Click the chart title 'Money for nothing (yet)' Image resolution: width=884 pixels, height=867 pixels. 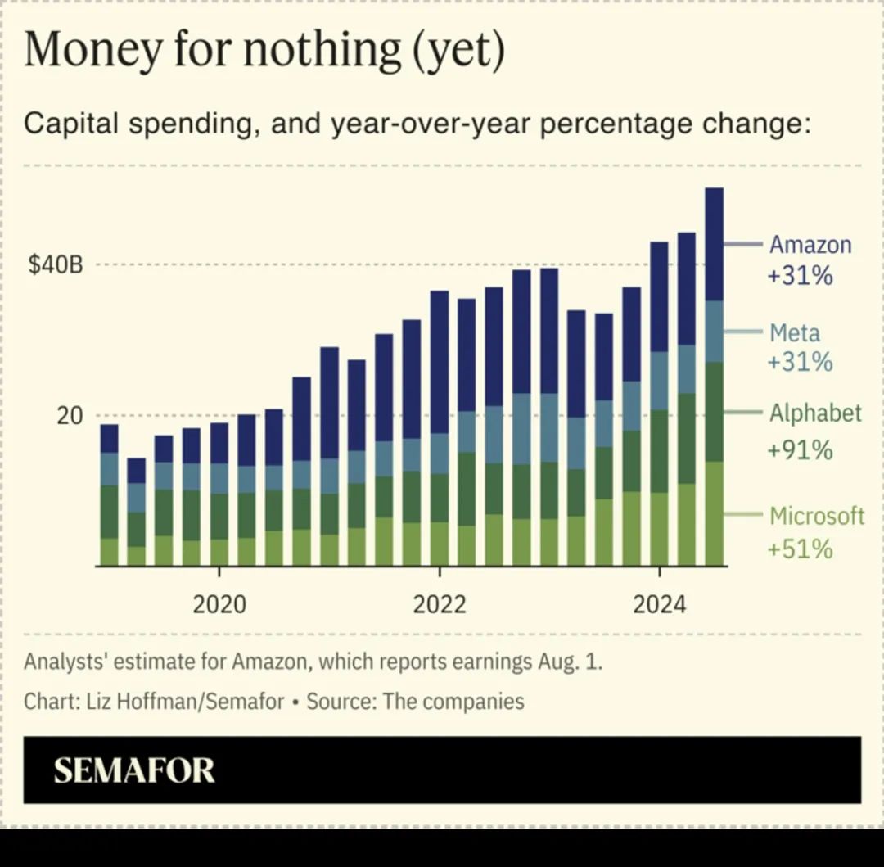(264, 50)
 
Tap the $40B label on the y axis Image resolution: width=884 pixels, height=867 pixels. (56, 266)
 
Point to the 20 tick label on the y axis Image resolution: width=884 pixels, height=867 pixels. (70, 416)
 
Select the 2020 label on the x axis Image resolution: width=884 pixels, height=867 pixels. (219, 605)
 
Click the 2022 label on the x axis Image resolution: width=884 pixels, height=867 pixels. (440, 605)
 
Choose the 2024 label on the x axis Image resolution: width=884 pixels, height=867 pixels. (660, 605)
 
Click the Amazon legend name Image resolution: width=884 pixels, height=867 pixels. (810, 245)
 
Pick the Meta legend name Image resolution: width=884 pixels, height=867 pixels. (794, 333)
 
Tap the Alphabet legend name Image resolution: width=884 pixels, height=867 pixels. (815, 413)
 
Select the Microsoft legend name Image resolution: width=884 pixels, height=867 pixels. (817, 516)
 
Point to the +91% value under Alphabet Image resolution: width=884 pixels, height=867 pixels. (800, 449)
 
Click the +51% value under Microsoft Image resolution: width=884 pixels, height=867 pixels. (800, 549)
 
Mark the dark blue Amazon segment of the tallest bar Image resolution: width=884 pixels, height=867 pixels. (714, 244)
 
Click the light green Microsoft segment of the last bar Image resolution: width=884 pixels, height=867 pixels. (714, 513)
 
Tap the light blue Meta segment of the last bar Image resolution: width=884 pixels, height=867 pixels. (714, 332)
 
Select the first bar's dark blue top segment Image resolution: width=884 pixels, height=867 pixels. (110, 439)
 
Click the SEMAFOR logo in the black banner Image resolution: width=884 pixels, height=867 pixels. (134, 770)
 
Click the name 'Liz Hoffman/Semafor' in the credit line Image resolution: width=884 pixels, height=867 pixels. (185, 702)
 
